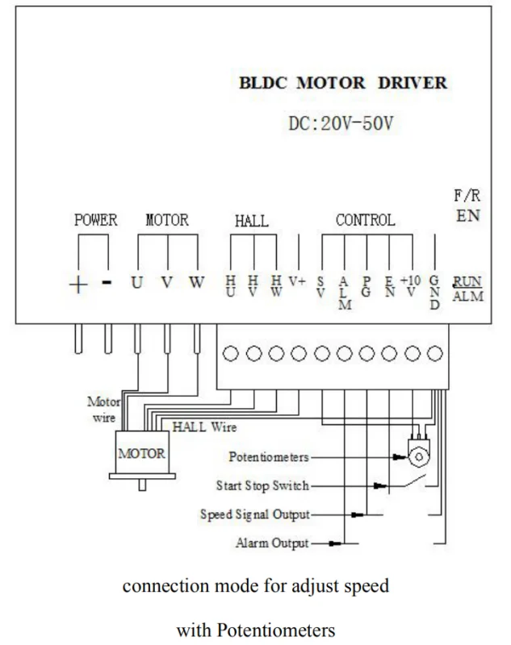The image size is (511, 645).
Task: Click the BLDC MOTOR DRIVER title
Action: tap(343, 83)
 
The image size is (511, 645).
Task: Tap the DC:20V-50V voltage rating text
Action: tap(341, 123)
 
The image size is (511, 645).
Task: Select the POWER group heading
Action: tap(95, 220)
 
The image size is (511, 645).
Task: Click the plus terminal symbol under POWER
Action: tap(77, 285)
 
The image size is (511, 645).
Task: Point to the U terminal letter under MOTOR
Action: tap(136, 283)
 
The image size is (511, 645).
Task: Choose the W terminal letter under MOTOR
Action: tap(196, 283)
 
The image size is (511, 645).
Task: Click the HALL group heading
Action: tap(252, 221)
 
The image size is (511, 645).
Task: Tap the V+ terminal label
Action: tap(297, 281)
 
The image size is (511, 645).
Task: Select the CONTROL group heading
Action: tap(365, 220)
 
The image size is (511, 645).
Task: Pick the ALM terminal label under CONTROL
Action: tap(345, 293)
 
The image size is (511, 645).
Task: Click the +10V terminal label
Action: tap(411, 286)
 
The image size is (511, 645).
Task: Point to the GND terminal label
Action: tap(434, 293)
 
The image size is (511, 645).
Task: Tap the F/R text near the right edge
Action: tap(467, 195)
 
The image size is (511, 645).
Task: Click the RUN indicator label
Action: tap(467, 281)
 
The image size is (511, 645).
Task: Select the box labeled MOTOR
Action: tap(142, 452)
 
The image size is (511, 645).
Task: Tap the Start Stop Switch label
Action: tap(262, 486)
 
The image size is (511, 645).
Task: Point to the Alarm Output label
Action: tap(272, 543)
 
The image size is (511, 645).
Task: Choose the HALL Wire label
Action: tap(204, 427)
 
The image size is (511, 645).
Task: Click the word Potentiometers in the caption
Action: tap(276, 630)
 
